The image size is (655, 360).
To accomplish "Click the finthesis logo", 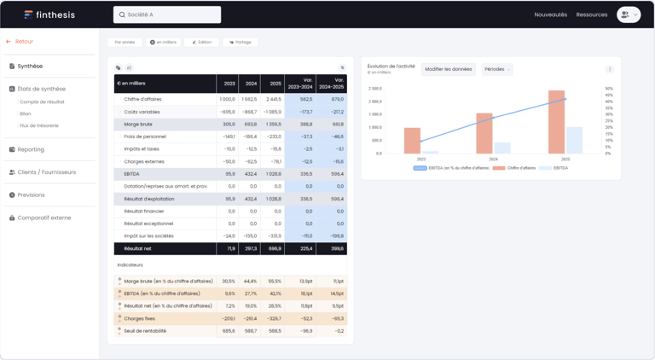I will tap(49, 15).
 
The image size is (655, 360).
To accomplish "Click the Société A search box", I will tap(167, 15).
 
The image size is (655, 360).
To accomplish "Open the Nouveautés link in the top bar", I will tap(550, 15).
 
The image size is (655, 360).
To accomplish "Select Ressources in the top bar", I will tap(592, 15).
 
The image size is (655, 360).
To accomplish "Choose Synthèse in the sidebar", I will tap(30, 66).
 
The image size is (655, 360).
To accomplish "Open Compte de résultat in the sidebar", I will tap(42, 102).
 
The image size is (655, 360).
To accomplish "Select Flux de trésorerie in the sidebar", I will tap(39, 125).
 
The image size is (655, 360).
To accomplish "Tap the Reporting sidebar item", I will tap(31, 149).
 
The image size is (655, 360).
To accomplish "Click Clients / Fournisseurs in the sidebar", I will tap(46, 172).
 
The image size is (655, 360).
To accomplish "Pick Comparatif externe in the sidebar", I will tap(43, 218).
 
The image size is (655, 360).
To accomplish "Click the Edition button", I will tap(202, 42).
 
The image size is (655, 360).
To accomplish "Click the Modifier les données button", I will tap(448, 69).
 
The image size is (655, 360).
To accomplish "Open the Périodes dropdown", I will tap(496, 69).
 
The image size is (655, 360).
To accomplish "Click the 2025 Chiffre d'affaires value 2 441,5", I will tap(272, 99).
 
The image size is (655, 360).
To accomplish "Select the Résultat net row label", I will tap(136, 248).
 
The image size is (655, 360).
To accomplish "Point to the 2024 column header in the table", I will tap(252, 84).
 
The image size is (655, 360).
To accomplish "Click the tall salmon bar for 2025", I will tap(557, 122).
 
